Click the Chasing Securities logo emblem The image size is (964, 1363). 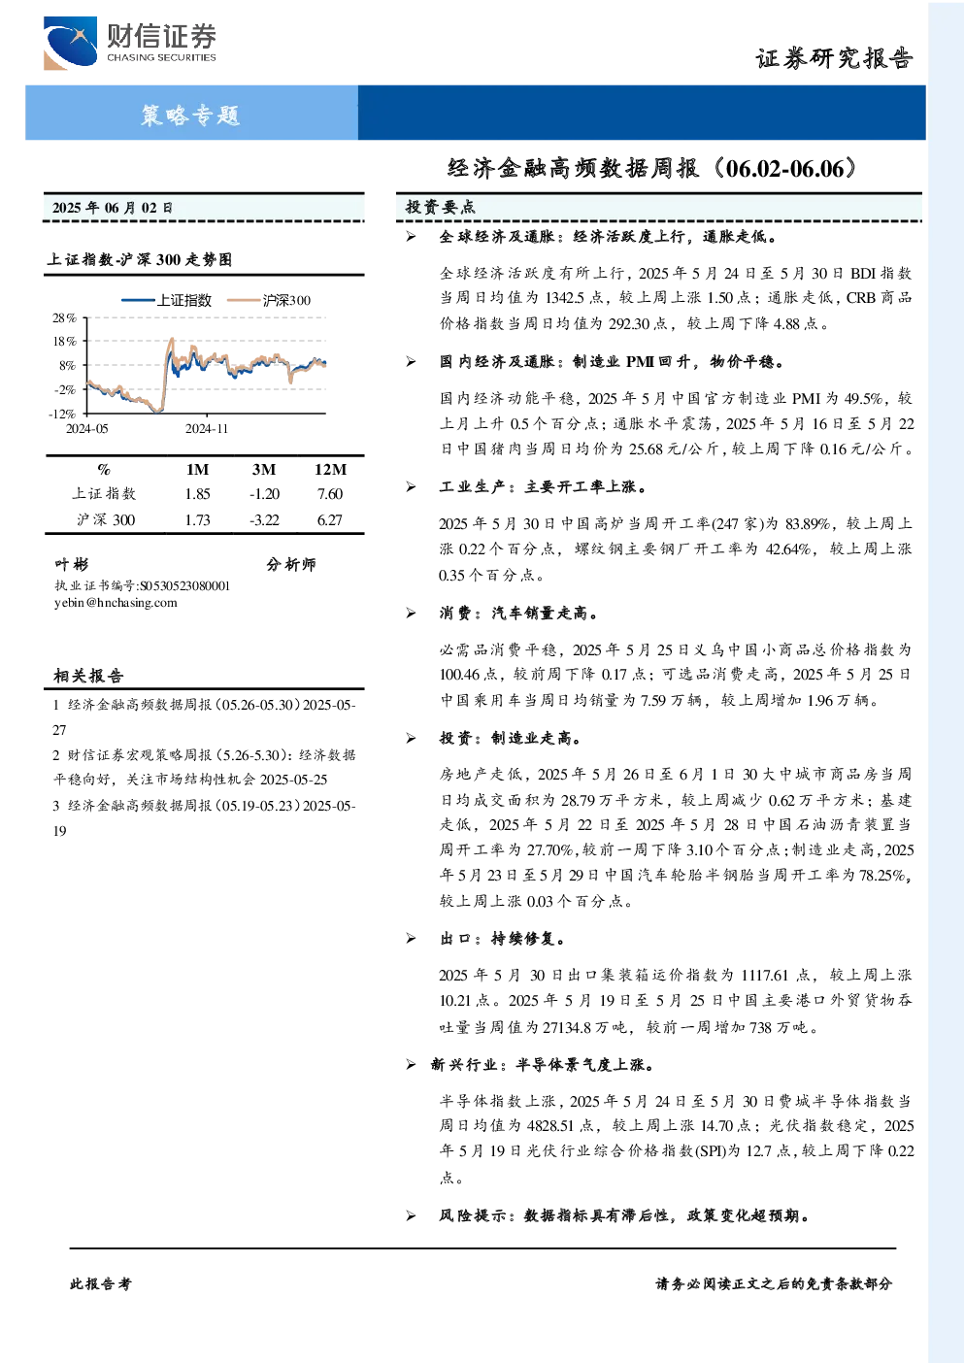tap(70, 43)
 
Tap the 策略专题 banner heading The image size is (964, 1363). tap(190, 115)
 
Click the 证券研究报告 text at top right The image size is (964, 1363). tap(834, 58)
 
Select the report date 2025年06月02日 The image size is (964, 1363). tap(113, 208)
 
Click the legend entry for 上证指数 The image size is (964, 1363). tap(166, 300)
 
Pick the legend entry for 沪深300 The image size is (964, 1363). tap(268, 300)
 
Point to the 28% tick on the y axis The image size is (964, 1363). tap(64, 317)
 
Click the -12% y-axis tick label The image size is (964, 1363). tap(62, 414)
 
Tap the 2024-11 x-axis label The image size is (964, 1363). tap(207, 428)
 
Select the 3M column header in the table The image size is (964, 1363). tap(263, 469)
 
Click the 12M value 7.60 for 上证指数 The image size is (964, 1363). tap(330, 493)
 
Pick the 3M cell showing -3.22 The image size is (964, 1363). tap(264, 519)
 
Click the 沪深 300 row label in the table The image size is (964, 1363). tap(105, 519)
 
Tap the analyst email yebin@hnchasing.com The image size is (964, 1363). tap(116, 603)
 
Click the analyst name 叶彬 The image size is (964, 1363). tap(71, 564)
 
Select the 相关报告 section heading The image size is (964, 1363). tap(88, 676)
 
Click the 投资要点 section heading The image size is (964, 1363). tap(440, 207)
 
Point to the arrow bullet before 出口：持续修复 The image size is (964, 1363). tap(411, 939)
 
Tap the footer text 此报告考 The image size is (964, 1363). tap(100, 1283)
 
